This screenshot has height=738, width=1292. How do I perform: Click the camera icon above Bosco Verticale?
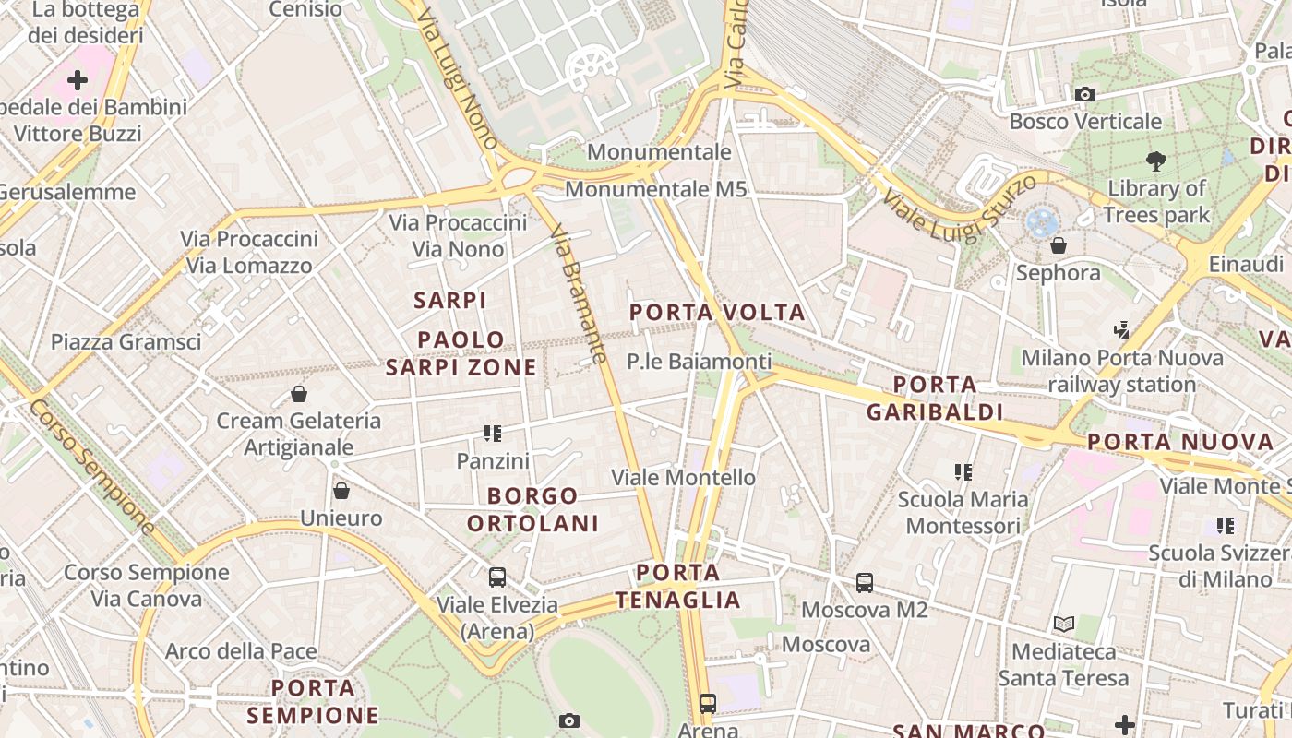(1085, 94)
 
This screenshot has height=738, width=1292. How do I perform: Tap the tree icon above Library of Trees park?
(1155, 161)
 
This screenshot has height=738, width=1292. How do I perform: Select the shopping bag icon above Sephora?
(1059, 245)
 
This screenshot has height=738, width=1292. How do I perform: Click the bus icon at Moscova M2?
(865, 582)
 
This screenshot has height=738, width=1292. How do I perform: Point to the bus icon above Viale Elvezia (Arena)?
(497, 577)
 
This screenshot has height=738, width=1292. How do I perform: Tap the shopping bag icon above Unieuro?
(341, 490)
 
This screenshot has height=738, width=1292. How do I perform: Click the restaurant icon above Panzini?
(493, 433)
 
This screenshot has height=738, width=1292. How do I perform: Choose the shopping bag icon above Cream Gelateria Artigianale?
(299, 394)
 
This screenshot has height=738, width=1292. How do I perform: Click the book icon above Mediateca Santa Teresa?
(1064, 624)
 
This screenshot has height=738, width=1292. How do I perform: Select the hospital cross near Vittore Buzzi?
(78, 80)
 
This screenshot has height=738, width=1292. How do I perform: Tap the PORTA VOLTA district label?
(717, 313)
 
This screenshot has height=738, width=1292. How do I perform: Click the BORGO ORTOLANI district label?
(532, 509)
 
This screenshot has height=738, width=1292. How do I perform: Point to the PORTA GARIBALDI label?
(935, 398)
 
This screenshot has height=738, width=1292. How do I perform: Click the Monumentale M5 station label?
(655, 189)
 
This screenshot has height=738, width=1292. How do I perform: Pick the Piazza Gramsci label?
(126, 341)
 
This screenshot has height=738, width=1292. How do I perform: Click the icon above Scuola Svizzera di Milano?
(1226, 526)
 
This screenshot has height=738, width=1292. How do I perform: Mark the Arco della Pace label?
(241, 651)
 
